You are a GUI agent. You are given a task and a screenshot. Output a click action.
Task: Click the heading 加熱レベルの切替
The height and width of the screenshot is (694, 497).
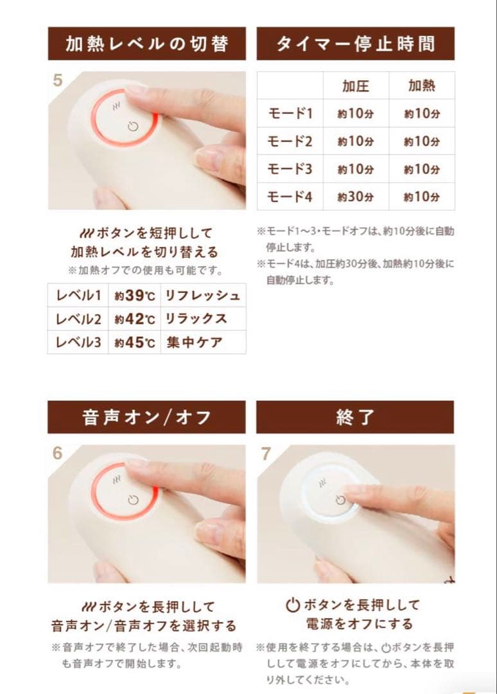pyautogui.click(x=146, y=44)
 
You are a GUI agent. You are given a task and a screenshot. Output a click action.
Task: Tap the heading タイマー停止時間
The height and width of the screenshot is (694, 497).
pyautogui.click(x=355, y=44)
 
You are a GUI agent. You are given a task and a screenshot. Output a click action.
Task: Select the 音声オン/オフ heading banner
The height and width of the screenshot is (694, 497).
pyautogui.click(x=146, y=418)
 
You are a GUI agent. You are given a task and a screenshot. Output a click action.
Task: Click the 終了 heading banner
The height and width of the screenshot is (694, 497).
pyautogui.click(x=355, y=418)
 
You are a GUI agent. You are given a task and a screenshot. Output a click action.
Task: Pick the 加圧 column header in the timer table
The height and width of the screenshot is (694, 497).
pyautogui.click(x=355, y=86)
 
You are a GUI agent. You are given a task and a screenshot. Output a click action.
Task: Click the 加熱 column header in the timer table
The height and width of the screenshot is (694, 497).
pyautogui.click(x=422, y=86)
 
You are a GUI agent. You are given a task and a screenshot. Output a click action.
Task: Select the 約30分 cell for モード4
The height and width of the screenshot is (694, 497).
pyautogui.click(x=355, y=197)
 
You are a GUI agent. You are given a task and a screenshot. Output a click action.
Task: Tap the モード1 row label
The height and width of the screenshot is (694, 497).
pyautogui.click(x=290, y=114)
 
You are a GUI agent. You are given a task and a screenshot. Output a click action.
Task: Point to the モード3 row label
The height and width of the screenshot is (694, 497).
pyautogui.click(x=290, y=169)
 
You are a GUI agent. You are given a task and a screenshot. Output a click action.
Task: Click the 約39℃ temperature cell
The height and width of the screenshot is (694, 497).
pyautogui.click(x=135, y=296)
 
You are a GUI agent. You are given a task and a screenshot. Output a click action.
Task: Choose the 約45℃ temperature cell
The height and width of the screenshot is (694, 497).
pyautogui.click(x=135, y=343)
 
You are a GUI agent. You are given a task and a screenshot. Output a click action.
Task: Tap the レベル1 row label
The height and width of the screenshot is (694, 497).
pyautogui.click(x=78, y=296)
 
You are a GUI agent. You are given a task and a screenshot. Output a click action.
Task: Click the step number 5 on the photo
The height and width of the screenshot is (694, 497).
pyautogui.click(x=58, y=81)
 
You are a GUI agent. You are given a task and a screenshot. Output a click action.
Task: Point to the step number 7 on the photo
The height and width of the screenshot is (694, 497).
pyautogui.click(x=266, y=454)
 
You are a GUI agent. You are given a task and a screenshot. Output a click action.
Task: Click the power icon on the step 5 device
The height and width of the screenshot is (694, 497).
pyautogui.click(x=133, y=127)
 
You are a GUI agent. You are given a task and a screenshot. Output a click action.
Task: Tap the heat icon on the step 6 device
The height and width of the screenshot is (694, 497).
pyautogui.click(x=116, y=479)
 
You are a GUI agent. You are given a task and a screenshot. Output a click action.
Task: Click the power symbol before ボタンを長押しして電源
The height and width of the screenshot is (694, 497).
pyautogui.click(x=293, y=605)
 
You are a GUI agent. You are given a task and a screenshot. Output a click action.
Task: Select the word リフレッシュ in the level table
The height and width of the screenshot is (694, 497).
pyautogui.click(x=202, y=296)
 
